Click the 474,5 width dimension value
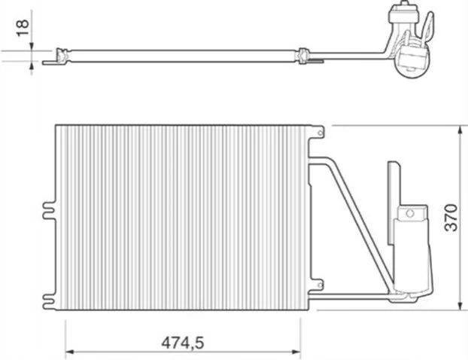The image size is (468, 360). (x=183, y=343)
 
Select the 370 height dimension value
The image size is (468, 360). (x=451, y=218)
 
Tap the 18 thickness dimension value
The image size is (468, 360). (x=23, y=28)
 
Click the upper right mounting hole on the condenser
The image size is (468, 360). (x=320, y=133)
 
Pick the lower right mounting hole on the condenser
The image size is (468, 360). (x=320, y=285)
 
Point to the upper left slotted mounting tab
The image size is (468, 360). (x=49, y=211)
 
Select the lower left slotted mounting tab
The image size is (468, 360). (x=49, y=301)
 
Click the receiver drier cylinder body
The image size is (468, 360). (x=412, y=255)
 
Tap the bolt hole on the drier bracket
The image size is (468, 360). (x=410, y=213)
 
